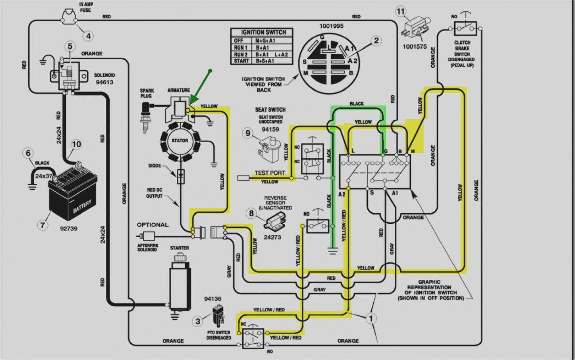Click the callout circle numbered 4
[88, 36]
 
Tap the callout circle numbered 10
[76, 144]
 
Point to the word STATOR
[179, 141]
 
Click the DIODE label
[155, 166]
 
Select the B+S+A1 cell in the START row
[265, 61]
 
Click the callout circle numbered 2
[376, 41]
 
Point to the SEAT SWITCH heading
[270, 109]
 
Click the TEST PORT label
[270, 173]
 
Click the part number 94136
[212, 298]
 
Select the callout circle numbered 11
[400, 12]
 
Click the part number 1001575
[415, 47]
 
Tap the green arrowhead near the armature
[192, 101]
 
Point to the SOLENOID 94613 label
[104, 78]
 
